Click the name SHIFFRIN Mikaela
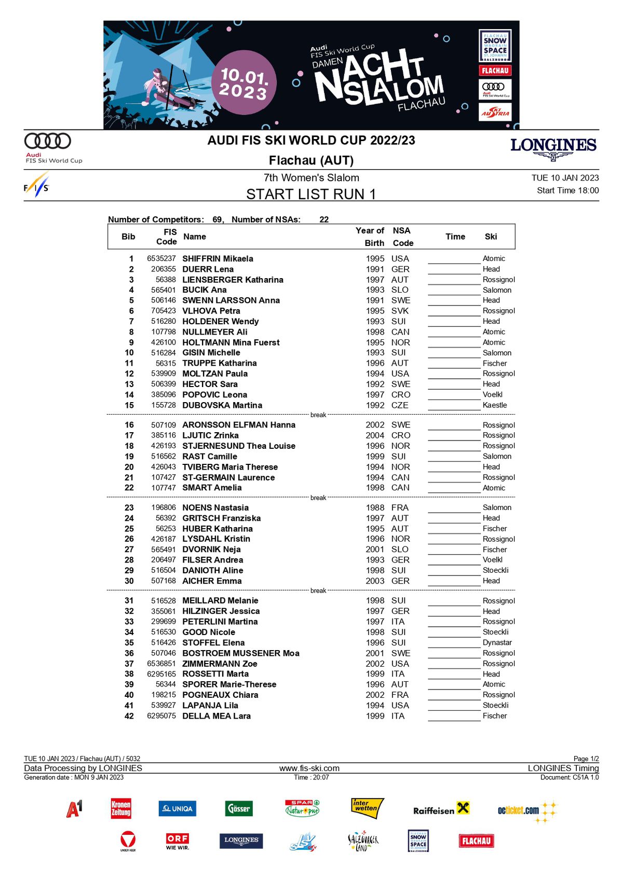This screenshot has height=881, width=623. click(218, 258)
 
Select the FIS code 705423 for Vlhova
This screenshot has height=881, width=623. click(163, 311)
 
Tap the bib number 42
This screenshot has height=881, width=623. click(129, 716)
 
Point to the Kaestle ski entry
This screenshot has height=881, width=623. click(494, 405)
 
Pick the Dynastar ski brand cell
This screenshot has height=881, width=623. click(497, 642)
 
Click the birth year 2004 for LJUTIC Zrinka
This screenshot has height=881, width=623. click(375, 435)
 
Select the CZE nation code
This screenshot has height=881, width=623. click(400, 405)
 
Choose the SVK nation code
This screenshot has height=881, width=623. click(400, 311)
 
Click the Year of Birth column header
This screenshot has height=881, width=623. click(370, 237)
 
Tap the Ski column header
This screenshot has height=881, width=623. click(491, 237)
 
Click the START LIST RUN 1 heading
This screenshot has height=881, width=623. click(310, 194)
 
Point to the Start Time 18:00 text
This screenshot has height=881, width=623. click(567, 190)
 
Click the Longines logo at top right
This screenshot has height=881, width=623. click(553, 148)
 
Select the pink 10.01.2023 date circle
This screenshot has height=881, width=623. click(243, 83)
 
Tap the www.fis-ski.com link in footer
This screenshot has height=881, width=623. click(309, 768)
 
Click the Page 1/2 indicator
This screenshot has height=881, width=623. click(586, 759)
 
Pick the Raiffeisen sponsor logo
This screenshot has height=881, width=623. click(441, 809)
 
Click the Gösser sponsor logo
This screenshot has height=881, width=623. click(239, 808)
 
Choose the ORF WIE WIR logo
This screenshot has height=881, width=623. click(178, 841)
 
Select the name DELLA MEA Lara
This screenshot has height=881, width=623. click(216, 716)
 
